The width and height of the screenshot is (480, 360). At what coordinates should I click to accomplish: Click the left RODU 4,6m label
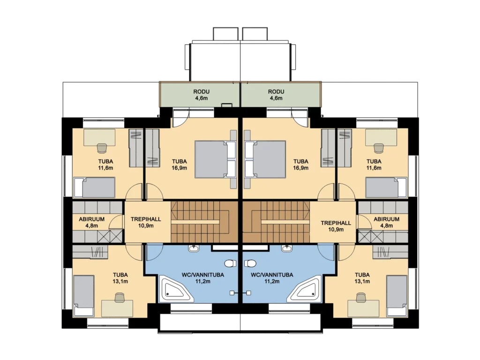201,95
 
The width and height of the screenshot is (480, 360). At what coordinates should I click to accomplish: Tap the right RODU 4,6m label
276,95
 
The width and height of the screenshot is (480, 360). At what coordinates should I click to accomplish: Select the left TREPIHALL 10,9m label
146,223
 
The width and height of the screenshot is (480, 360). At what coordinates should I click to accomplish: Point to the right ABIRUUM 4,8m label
386,223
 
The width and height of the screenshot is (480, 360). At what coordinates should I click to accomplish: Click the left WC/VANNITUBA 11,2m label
202,278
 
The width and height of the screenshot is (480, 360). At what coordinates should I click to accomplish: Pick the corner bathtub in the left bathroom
176,288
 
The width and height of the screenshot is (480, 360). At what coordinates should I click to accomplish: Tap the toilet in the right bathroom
250,263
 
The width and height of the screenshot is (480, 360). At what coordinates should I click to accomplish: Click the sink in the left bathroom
194,248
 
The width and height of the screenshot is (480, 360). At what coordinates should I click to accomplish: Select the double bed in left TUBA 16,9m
216,159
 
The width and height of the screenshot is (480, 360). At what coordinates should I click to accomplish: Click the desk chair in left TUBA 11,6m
102,148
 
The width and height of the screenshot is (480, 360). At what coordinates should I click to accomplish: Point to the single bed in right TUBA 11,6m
386,187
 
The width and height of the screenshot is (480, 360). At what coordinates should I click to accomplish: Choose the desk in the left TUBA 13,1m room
117,308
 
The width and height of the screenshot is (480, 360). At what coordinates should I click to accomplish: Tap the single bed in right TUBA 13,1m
397,296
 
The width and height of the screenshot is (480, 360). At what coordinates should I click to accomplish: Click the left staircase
204,222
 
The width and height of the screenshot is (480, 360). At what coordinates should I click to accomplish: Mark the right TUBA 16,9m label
300,165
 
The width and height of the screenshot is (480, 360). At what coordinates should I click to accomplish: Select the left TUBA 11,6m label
105,165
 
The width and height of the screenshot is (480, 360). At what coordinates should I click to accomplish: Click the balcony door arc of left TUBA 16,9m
180,121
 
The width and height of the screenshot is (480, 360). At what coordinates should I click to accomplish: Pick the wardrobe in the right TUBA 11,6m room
345,148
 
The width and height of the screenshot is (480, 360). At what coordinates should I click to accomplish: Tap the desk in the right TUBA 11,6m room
381,137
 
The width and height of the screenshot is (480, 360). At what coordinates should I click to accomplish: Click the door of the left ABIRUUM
116,222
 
